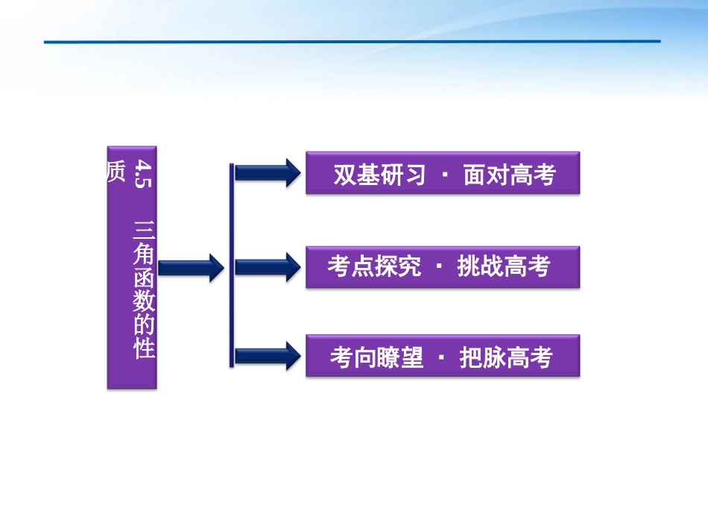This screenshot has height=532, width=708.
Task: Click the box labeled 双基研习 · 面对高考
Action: (442, 173)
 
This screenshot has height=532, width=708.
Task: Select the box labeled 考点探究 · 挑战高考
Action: (442, 266)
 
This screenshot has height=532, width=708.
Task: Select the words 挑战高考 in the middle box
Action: (504, 266)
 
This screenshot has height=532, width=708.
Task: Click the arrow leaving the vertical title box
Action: (191, 267)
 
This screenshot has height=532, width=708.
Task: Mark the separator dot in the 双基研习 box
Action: (445, 176)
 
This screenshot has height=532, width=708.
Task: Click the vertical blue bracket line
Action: (232, 265)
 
